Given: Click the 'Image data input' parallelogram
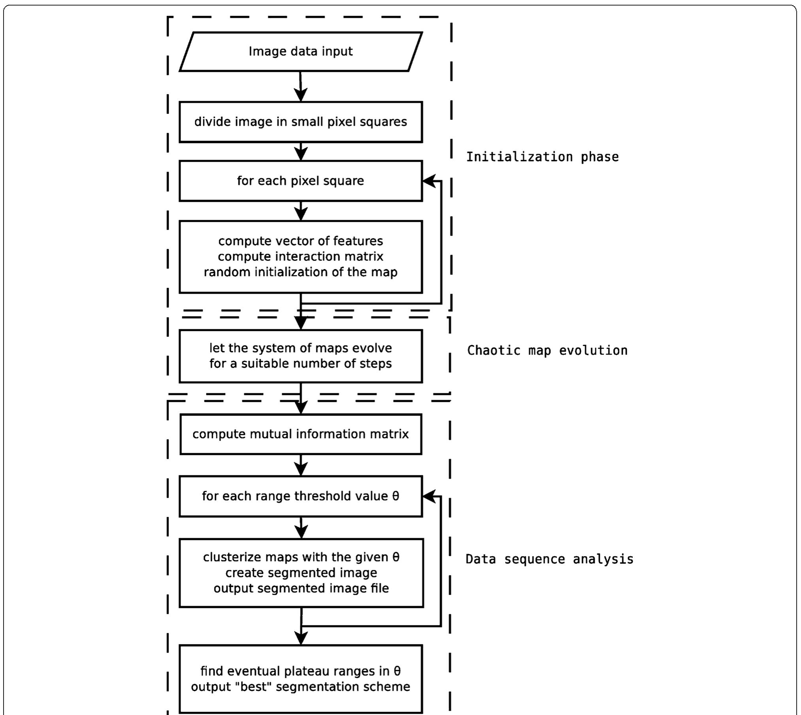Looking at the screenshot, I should [x=300, y=51].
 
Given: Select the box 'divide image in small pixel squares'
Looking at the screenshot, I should [x=300, y=122].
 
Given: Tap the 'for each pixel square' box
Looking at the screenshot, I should [x=300, y=181].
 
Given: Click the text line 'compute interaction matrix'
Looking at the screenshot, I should [x=300, y=257].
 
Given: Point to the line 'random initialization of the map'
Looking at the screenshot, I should [x=300, y=272].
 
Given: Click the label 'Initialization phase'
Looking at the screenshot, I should [x=542, y=157].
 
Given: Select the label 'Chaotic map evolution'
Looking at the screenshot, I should [x=547, y=351].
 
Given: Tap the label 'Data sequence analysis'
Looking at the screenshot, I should [x=549, y=559].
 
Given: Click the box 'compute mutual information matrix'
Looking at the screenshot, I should [x=300, y=434].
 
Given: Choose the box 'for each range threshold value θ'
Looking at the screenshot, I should [x=300, y=496].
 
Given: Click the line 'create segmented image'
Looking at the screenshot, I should [x=301, y=573].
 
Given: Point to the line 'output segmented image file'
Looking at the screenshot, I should [x=301, y=589].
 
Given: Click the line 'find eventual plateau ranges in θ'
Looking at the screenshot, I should [x=300, y=671].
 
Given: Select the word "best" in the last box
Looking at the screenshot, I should [x=253, y=687].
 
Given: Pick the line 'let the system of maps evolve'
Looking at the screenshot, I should [x=300, y=348].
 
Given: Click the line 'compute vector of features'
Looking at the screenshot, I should [x=300, y=241].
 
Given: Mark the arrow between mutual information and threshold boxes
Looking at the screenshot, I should [x=301, y=466].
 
